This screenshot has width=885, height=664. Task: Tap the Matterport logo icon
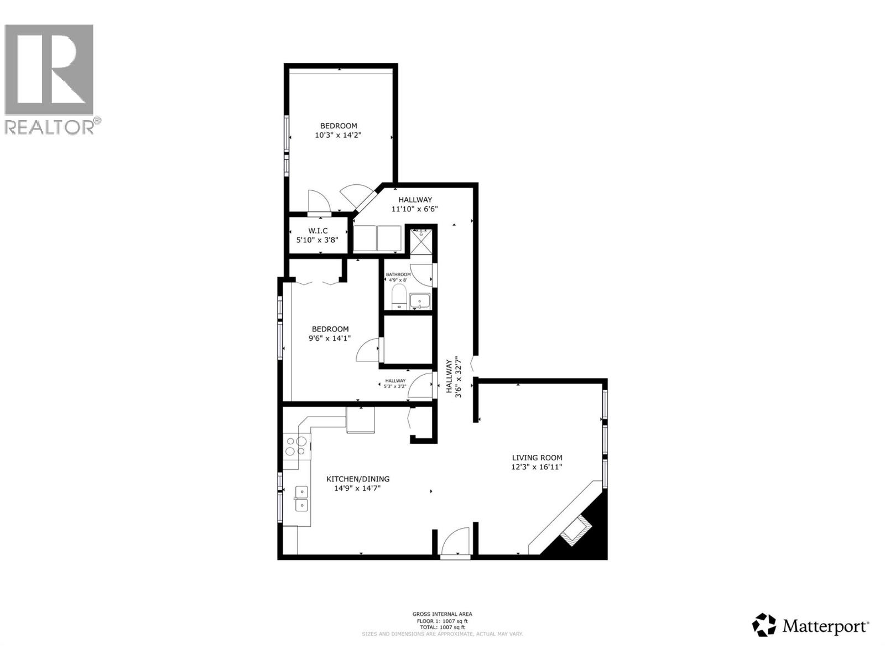[x=764, y=625]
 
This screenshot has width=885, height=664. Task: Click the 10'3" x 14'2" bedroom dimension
[x=338, y=134]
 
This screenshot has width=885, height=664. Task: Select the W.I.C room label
[x=318, y=231]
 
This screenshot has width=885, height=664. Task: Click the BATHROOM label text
[x=398, y=274]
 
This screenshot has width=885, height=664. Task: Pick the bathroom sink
[x=420, y=302]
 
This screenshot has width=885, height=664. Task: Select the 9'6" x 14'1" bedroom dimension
[x=330, y=338]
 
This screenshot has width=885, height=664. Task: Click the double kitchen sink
[x=301, y=498]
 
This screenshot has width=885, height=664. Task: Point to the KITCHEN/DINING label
[x=357, y=479]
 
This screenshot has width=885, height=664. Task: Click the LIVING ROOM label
[x=537, y=458]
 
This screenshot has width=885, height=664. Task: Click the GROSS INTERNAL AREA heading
[x=442, y=614]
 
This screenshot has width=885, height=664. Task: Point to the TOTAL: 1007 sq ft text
[x=442, y=627]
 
